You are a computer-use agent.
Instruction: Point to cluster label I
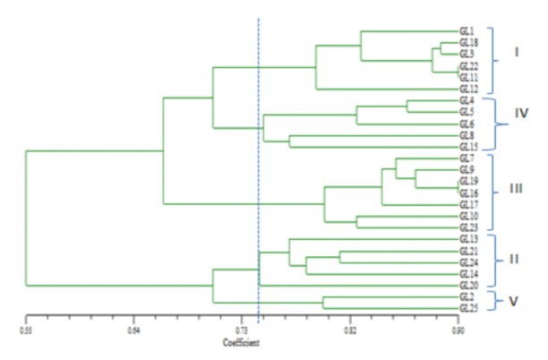517,52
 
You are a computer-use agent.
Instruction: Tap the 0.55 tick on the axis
26,330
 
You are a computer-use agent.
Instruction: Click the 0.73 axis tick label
242,330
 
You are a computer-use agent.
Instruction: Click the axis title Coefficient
242,343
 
